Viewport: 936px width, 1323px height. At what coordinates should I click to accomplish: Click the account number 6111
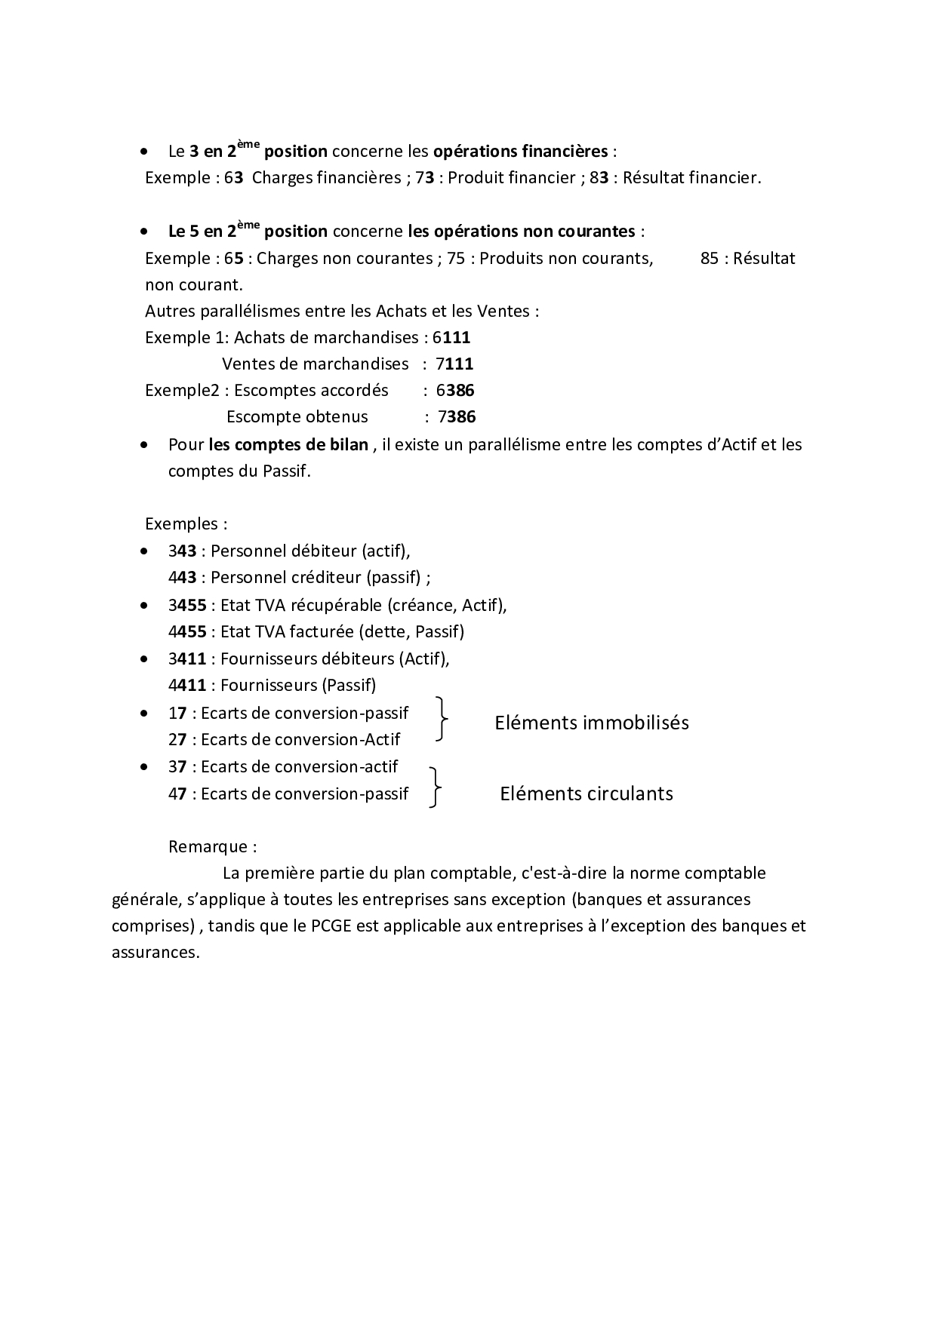(451, 338)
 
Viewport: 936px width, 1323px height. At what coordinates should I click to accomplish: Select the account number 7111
(454, 364)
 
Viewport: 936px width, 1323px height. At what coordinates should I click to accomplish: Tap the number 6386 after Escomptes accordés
(455, 391)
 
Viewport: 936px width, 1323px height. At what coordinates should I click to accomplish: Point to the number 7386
(457, 417)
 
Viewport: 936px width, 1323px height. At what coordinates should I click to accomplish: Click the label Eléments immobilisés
(592, 723)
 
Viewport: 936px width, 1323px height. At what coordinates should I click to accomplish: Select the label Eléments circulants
(587, 793)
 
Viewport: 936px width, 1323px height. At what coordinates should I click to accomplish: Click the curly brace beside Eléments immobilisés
(442, 719)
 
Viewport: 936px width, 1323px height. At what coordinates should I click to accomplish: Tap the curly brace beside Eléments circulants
(435, 787)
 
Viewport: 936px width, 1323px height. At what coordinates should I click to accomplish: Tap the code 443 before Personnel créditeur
(182, 578)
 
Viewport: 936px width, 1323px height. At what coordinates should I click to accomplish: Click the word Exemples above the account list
(180, 524)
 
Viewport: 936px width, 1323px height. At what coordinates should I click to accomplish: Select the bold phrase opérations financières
(520, 152)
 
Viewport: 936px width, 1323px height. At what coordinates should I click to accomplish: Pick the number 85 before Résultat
(710, 259)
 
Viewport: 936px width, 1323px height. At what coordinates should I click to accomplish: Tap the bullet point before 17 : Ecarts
(144, 713)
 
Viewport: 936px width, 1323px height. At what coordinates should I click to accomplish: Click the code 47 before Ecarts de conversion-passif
(177, 793)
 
